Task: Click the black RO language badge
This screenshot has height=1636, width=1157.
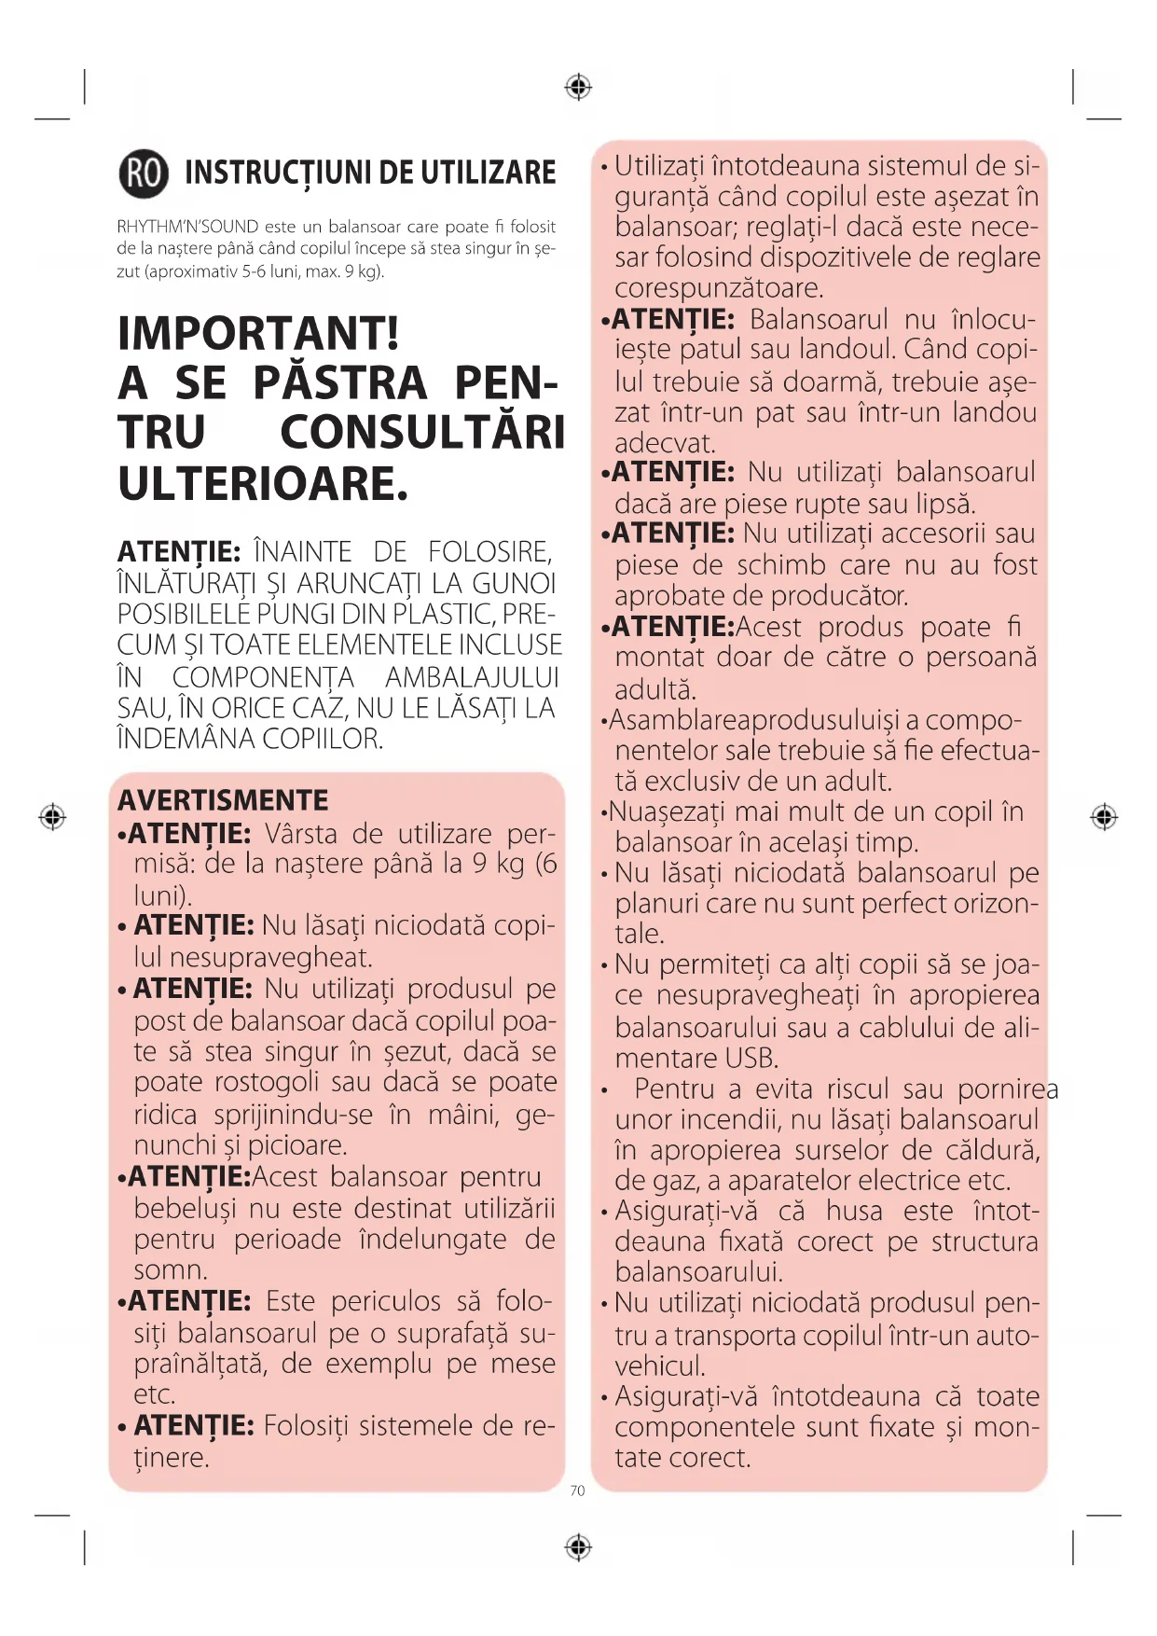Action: click(144, 173)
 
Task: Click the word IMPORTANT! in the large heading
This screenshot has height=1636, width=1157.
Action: click(258, 333)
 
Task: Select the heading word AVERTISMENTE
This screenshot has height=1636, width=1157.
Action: click(223, 800)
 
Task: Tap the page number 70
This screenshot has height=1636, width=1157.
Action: click(577, 1490)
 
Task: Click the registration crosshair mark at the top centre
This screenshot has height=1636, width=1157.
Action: click(578, 88)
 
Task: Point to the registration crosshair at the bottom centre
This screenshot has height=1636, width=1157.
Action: click(578, 1547)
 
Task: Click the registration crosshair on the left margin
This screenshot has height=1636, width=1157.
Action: click(52, 817)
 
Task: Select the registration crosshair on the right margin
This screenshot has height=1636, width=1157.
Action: click(1104, 817)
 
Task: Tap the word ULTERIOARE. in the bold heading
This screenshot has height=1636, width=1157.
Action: click(263, 484)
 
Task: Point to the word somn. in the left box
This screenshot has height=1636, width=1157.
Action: click(171, 1270)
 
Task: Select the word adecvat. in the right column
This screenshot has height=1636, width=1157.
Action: click(665, 443)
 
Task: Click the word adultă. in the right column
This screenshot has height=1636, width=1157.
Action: click(655, 689)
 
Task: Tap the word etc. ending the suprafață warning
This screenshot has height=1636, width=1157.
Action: click(155, 1394)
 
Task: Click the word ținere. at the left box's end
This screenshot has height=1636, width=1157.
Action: click(172, 1457)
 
